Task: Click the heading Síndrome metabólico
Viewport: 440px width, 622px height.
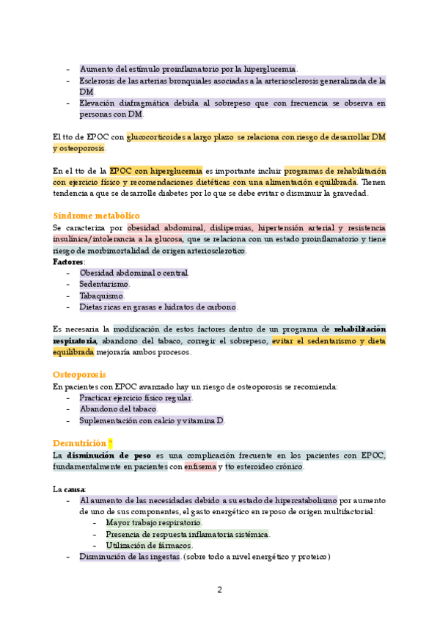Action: coord(96,216)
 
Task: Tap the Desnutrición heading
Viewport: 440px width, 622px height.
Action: coord(80,443)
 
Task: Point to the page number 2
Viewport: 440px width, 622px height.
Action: coord(219,589)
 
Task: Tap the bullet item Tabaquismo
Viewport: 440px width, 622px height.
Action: coord(102,296)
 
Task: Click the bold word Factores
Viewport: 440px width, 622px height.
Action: coord(68,261)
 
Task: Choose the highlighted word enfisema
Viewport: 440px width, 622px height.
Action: coord(200,466)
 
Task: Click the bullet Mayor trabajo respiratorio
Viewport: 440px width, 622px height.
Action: coord(153,523)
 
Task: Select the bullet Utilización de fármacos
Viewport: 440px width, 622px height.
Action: coord(149,545)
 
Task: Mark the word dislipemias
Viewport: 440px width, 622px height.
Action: coord(230,227)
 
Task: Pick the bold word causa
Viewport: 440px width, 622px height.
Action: coord(76,489)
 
